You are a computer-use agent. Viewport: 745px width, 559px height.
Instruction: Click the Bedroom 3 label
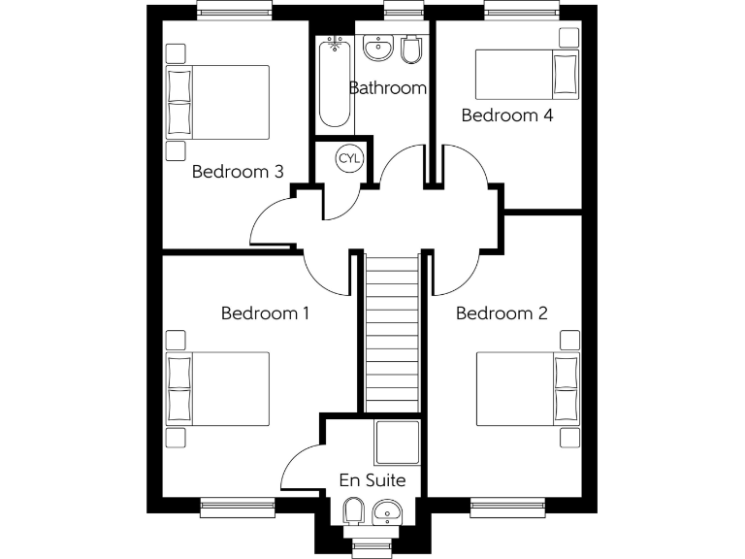click(x=238, y=172)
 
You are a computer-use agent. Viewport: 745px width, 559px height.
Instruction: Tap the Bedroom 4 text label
click(x=507, y=115)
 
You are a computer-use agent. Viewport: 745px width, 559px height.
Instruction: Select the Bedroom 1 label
click(x=266, y=313)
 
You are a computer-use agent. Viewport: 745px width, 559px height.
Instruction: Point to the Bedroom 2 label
click(x=502, y=313)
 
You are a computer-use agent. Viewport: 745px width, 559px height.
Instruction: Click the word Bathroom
click(x=388, y=88)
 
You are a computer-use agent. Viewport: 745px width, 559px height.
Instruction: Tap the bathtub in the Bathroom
click(x=334, y=83)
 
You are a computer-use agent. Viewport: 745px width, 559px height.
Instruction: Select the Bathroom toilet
click(x=411, y=49)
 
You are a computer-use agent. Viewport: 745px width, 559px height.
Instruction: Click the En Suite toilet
click(x=354, y=510)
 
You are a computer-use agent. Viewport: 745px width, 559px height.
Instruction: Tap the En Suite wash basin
click(x=388, y=510)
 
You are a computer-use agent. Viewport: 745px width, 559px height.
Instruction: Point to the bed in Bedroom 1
click(x=217, y=388)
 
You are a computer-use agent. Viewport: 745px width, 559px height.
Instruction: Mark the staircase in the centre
click(x=393, y=330)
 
